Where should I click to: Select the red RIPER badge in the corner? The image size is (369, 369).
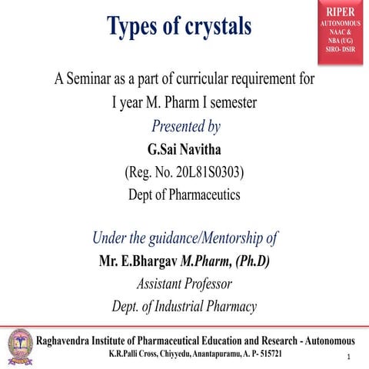click(x=338, y=32)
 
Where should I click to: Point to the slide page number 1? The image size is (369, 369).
click(x=349, y=357)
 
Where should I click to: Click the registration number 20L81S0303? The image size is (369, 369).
click(x=198, y=171)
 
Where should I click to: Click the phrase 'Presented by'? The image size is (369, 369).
click(x=185, y=125)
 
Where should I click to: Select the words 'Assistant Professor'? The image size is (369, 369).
click(x=184, y=284)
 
